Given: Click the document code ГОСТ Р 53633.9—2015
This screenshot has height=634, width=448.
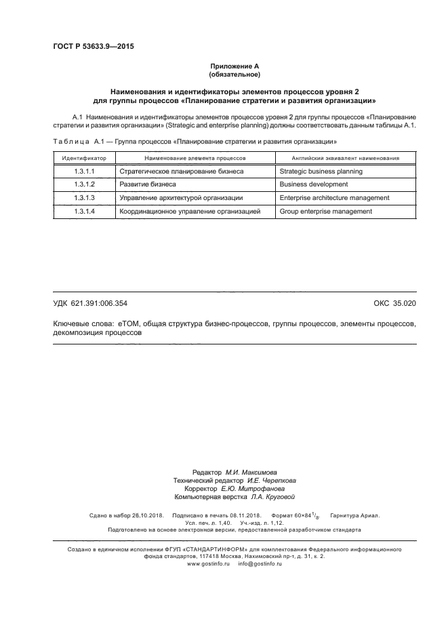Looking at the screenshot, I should [x=89, y=47].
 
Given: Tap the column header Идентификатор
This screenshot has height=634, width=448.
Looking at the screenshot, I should [x=84, y=157].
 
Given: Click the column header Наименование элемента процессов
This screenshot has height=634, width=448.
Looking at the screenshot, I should [x=195, y=157].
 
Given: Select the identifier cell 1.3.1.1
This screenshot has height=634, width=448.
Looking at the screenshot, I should [x=84, y=172].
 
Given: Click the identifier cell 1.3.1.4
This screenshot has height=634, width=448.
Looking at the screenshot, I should [x=84, y=212].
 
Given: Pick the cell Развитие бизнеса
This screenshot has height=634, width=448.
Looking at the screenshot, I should [x=147, y=184].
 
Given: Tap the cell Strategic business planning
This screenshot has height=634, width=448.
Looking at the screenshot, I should [x=321, y=172].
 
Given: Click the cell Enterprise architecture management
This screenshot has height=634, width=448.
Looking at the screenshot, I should [x=334, y=198].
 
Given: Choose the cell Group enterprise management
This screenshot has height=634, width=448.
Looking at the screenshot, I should [x=325, y=212].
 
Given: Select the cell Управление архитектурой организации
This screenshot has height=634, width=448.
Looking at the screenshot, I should [x=180, y=198].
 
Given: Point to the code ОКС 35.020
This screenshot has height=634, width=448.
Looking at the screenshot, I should [x=394, y=304].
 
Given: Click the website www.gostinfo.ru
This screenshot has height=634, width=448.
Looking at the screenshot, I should [x=209, y=564].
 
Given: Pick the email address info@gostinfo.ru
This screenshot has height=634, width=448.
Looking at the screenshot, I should [x=260, y=564].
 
